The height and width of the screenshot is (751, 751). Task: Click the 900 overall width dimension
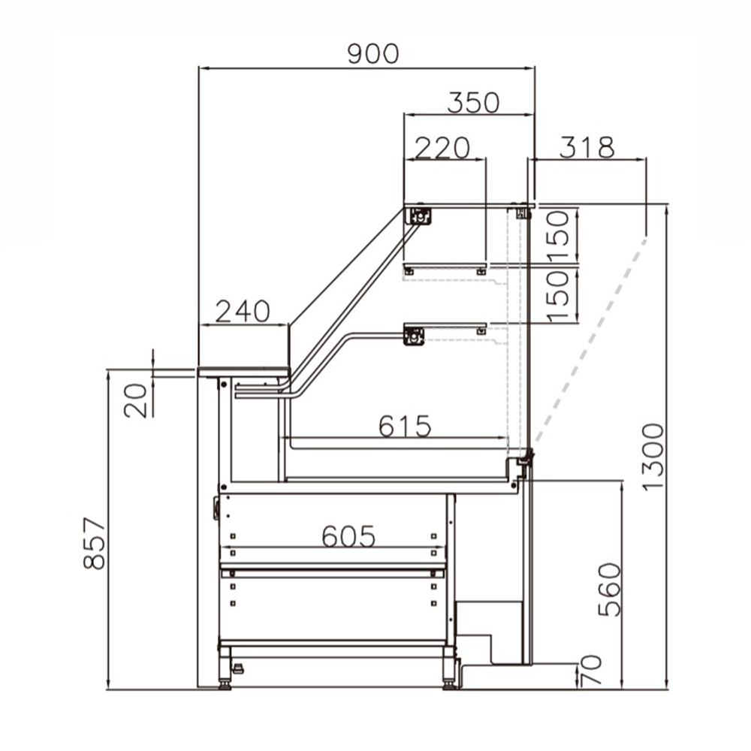(372, 53)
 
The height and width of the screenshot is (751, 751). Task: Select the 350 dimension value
(473, 102)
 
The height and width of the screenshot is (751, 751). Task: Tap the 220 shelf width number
(442, 147)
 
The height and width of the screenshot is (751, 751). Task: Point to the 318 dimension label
(587, 147)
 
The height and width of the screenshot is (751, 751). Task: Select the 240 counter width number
(242, 311)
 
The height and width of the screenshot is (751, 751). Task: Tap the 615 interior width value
(405, 426)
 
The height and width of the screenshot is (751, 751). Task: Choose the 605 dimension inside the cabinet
(348, 535)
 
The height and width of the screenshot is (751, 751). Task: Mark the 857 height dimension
(95, 542)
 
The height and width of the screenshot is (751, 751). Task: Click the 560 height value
(610, 590)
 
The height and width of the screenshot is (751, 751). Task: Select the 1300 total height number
(653, 456)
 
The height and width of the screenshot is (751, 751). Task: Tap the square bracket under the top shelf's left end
(420, 216)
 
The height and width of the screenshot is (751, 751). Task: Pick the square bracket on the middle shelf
(414, 336)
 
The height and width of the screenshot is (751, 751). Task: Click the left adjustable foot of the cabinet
(225, 672)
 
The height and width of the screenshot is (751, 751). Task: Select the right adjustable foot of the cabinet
(449, 672)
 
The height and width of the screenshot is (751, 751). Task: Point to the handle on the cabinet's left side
(216, 507)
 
